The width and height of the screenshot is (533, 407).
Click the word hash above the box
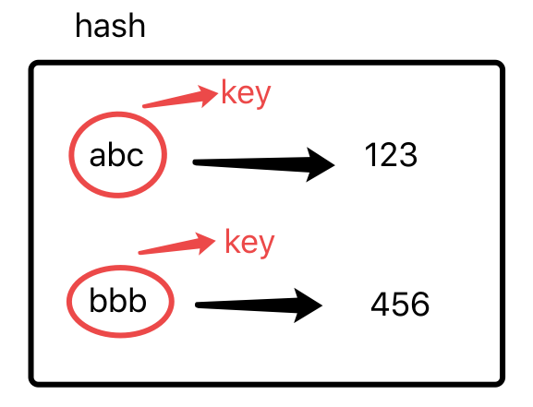pos(110,26)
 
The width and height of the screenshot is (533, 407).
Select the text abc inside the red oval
pos(116,155)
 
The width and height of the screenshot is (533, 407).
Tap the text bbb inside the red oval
pos(117,300)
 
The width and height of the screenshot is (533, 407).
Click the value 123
pos(391,154)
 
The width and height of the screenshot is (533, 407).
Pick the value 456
pos(400,304)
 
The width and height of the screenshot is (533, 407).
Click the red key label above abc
pos(246,94)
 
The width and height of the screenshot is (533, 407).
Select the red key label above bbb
pos(249,244)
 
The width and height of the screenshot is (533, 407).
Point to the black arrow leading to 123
pos(264,163)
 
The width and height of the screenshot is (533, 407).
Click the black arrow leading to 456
pos(259,305)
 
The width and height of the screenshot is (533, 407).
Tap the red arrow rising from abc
pos(180,98)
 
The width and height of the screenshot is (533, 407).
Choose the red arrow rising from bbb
pos(176,245)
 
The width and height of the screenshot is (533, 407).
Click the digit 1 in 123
pos(370,154)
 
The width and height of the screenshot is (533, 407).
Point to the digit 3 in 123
pos(409,155)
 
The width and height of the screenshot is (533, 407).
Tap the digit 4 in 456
pos(380,304)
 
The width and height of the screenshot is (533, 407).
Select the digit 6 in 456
pos(420,304)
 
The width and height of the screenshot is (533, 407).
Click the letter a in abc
pos(98,157)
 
